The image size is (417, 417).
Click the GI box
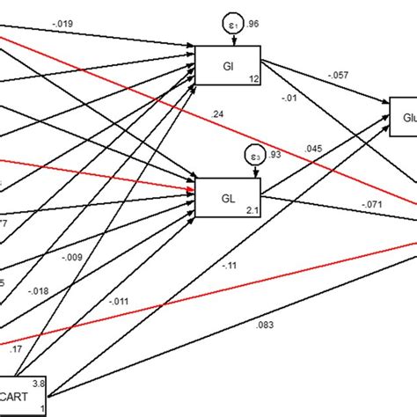click(228, 65)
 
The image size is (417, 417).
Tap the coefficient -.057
click(338, 77)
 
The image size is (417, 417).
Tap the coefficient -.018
click(38, 289)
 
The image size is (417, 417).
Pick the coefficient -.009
click(73, 258)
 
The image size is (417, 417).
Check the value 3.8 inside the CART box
click(40, 383)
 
